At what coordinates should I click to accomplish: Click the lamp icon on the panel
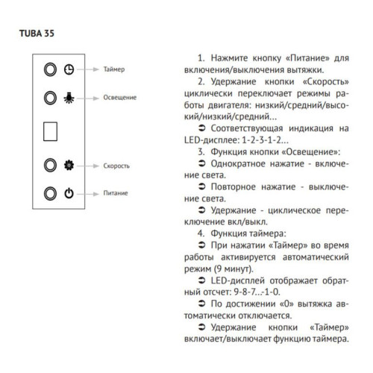pyautogui.click(x=69, y=97)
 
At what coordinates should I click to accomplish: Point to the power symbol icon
pyautogui.click(x=69, y=192)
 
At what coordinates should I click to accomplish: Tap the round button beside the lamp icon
pyautogui.click(x=50, y=97)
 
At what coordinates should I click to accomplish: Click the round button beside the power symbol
pyautogui.click(x=50, y=192)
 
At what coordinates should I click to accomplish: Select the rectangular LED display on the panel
pyautogui.click(x=51, y=131)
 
